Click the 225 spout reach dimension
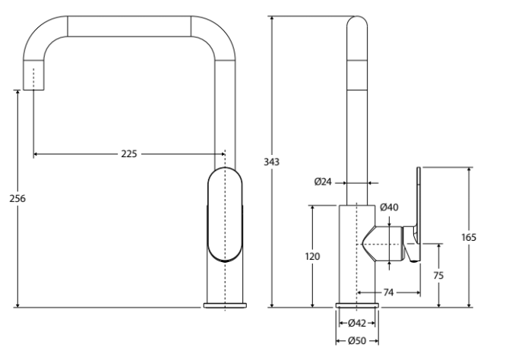(x=128, y=154)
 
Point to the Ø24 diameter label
(x=324, y=182)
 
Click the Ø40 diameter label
(x=389, y=207)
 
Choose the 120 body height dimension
(x=312, y=257)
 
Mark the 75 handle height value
(x=438, y=276)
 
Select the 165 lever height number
(x=469, y=237)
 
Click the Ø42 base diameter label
(x=357, y=324)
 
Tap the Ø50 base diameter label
(x=357, y=341)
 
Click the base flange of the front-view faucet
(x=225, y=305)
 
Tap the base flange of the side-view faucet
(x=357, y=305)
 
